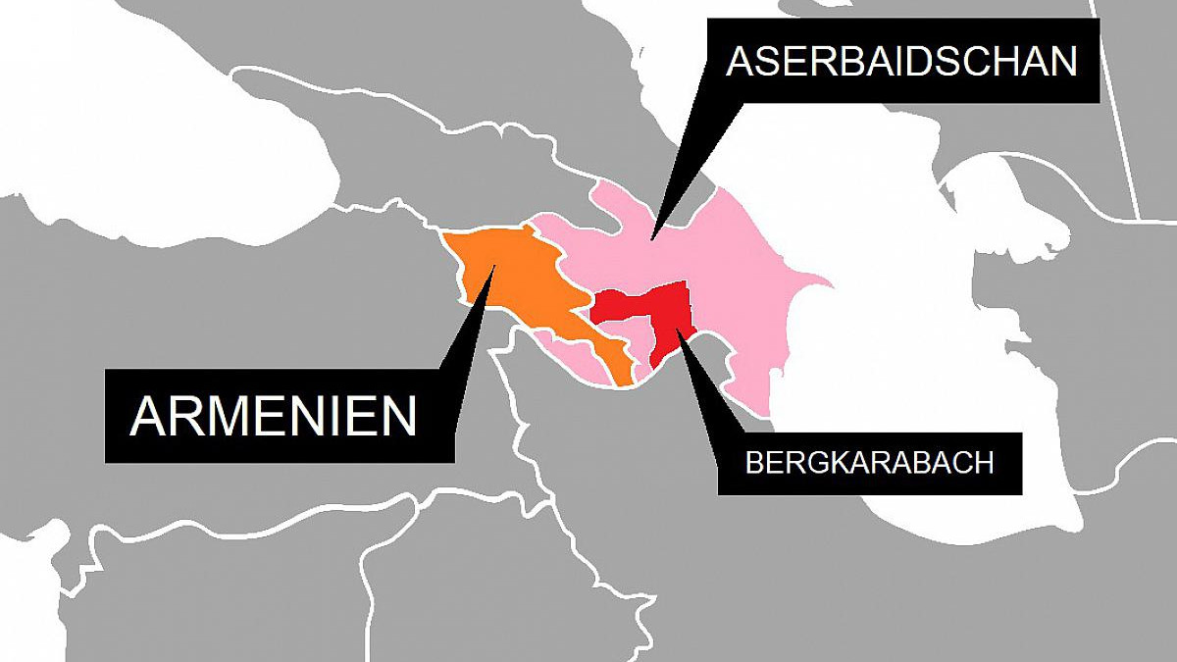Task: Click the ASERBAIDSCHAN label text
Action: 901,61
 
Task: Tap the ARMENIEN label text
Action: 274,416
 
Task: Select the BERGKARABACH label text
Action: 870,463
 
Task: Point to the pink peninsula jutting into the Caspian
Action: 809,284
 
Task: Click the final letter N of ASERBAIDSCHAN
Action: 1062,61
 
